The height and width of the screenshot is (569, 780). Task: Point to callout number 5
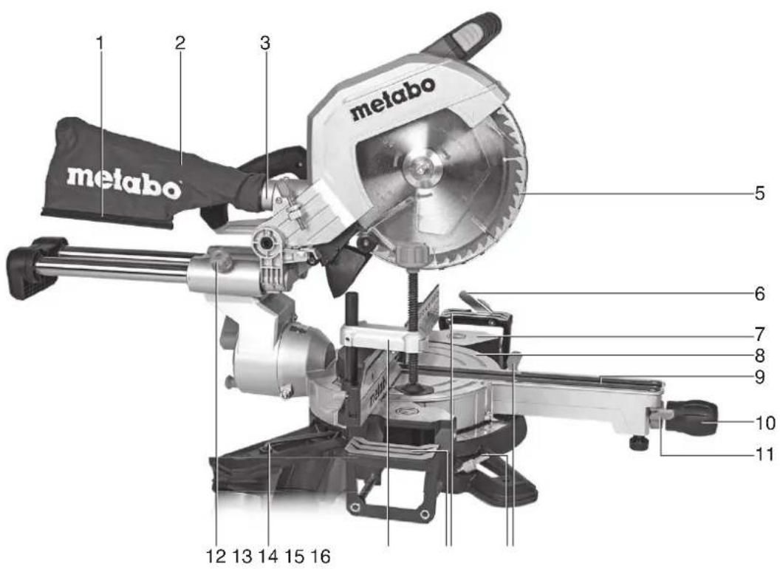[x=759, y=195]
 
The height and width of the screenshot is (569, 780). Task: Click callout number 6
[x=759, y=293]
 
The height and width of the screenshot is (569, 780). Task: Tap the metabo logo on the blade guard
[x=392, y=100]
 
